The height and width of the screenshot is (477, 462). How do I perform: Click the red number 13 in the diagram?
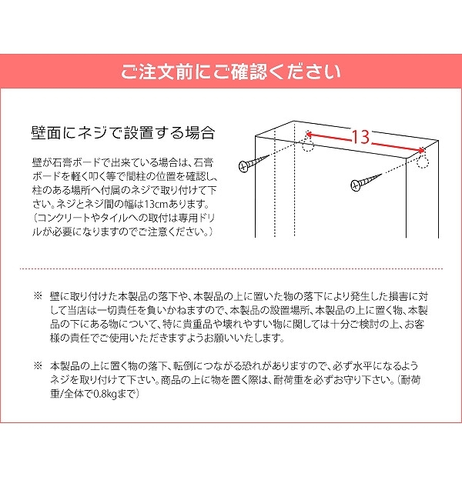(x=361, y=137)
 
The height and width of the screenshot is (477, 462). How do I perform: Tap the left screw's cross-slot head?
(x=243, y=166)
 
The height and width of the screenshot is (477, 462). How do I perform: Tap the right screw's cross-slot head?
(x=356, y=185)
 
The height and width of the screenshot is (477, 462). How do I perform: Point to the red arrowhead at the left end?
(x=308, y=134)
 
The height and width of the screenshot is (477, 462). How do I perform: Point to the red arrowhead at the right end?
(x=421, y=150)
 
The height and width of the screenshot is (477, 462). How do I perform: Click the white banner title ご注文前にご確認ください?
(x=230, y=72)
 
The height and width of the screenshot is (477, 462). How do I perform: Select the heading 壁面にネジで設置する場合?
(x=123, y=133)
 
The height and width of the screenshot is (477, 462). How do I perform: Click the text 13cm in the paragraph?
(x=156, y=204)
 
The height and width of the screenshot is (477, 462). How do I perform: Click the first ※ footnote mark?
(x=38, y=295)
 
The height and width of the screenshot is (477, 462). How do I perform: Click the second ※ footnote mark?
(x=38, y=365)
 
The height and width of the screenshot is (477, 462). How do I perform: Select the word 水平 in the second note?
(x=363, y=365)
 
